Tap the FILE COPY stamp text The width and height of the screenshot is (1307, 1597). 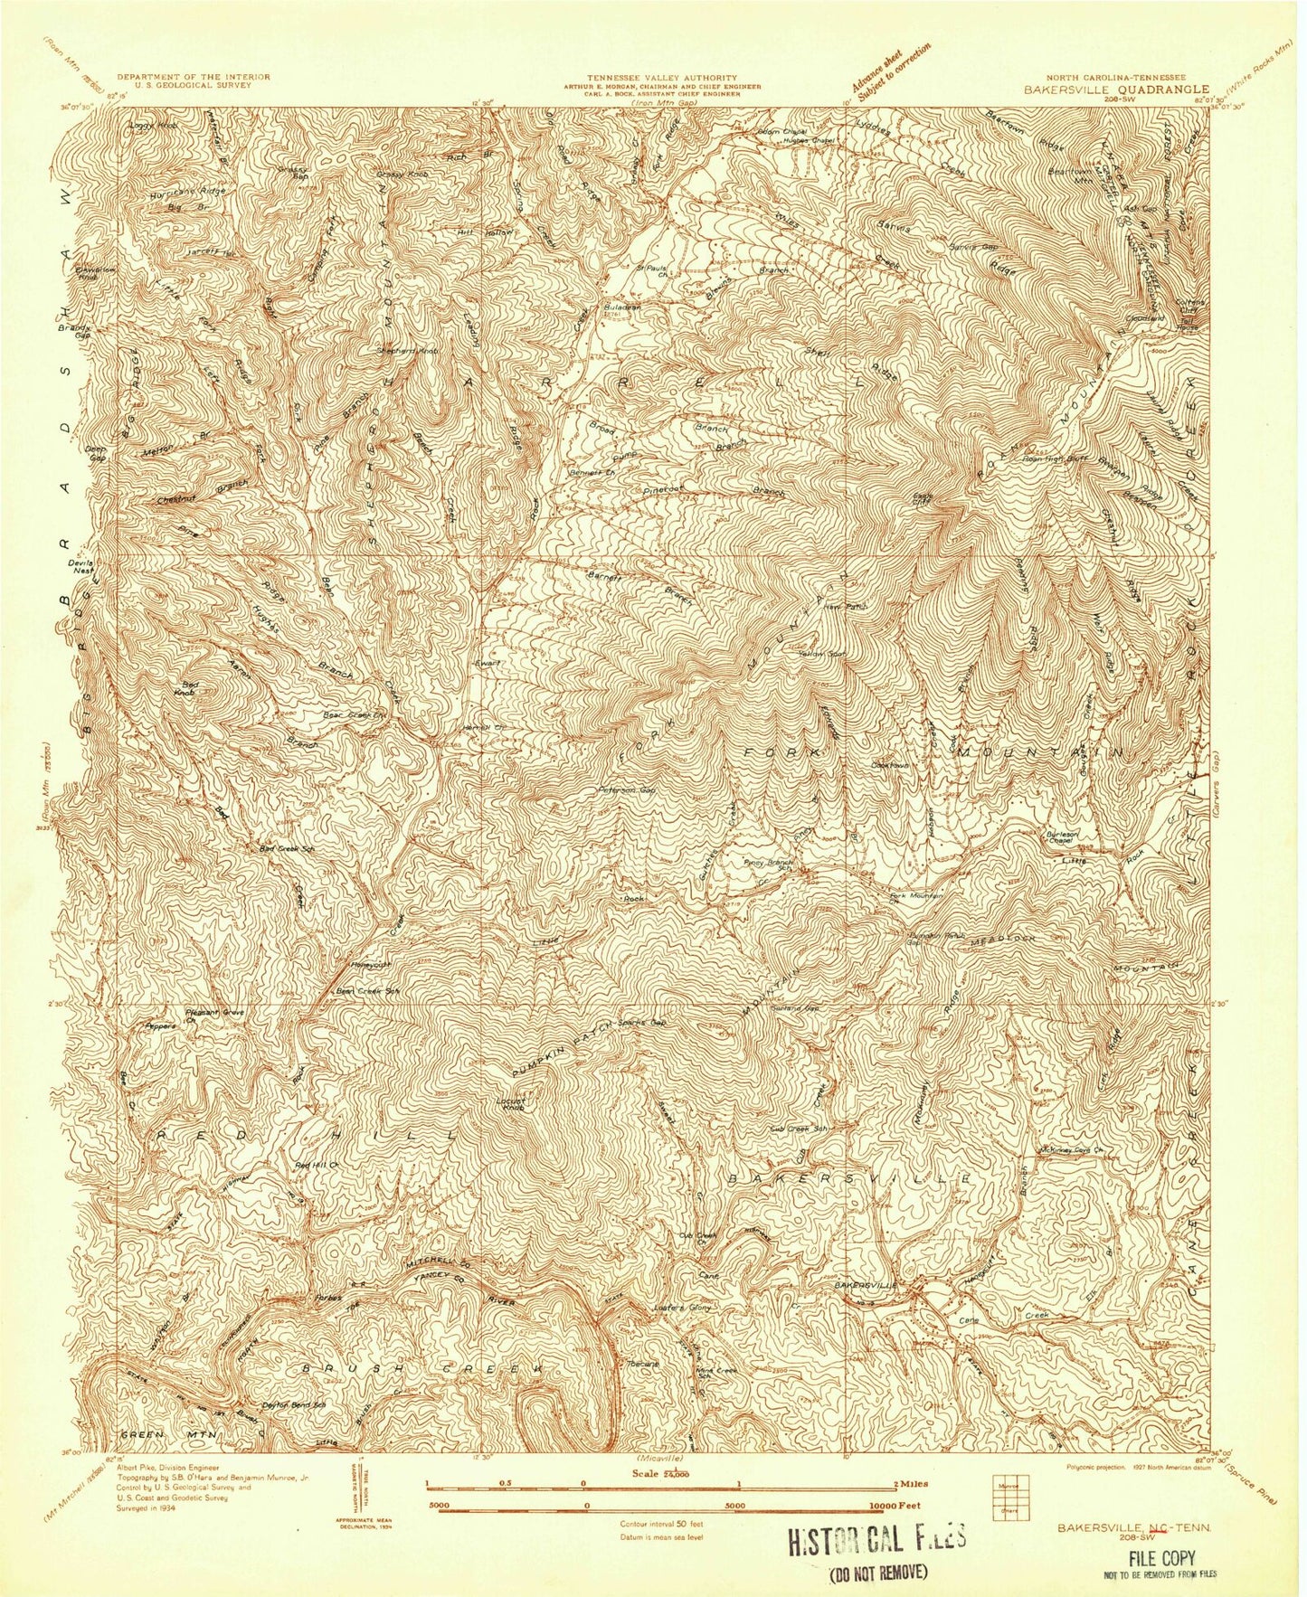[1160, 1557]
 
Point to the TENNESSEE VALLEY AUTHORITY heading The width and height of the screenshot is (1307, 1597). [662, 78]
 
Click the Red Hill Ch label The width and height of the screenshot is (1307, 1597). [317, 1166]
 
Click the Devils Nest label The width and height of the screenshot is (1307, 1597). [81, 567]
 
